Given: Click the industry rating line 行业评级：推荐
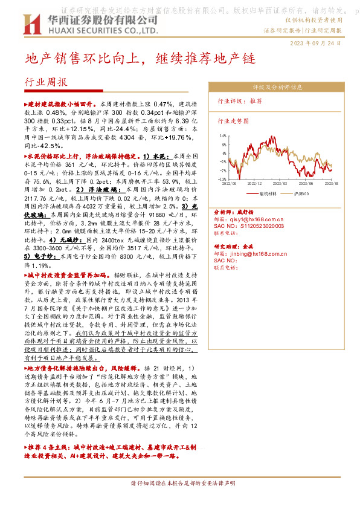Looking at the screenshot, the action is [x=240, y=101].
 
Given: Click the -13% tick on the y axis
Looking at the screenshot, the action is [x=223, y=179].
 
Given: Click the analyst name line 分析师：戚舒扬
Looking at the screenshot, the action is [x=236, y=213].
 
